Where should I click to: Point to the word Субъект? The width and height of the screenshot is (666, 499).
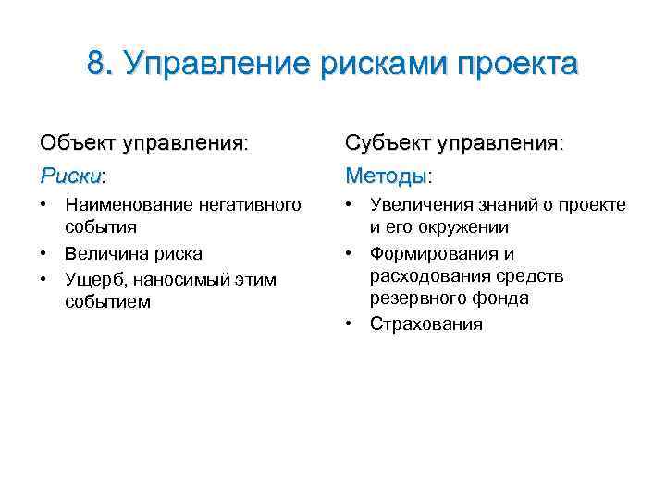click(x=388, y=143)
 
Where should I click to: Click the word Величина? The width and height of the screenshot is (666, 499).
click(x=102, y=253)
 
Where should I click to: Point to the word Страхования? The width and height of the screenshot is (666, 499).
click(x=426, y=323)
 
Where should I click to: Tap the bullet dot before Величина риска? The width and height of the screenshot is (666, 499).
click(x=44, y=253)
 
